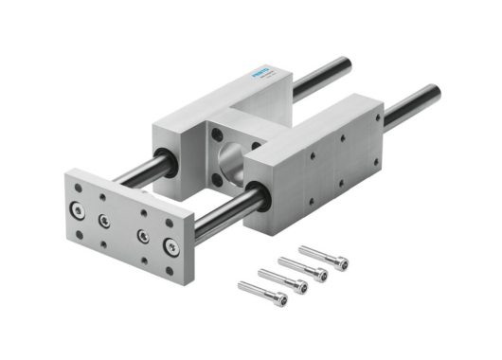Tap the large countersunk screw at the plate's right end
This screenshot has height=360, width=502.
[170, 247]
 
